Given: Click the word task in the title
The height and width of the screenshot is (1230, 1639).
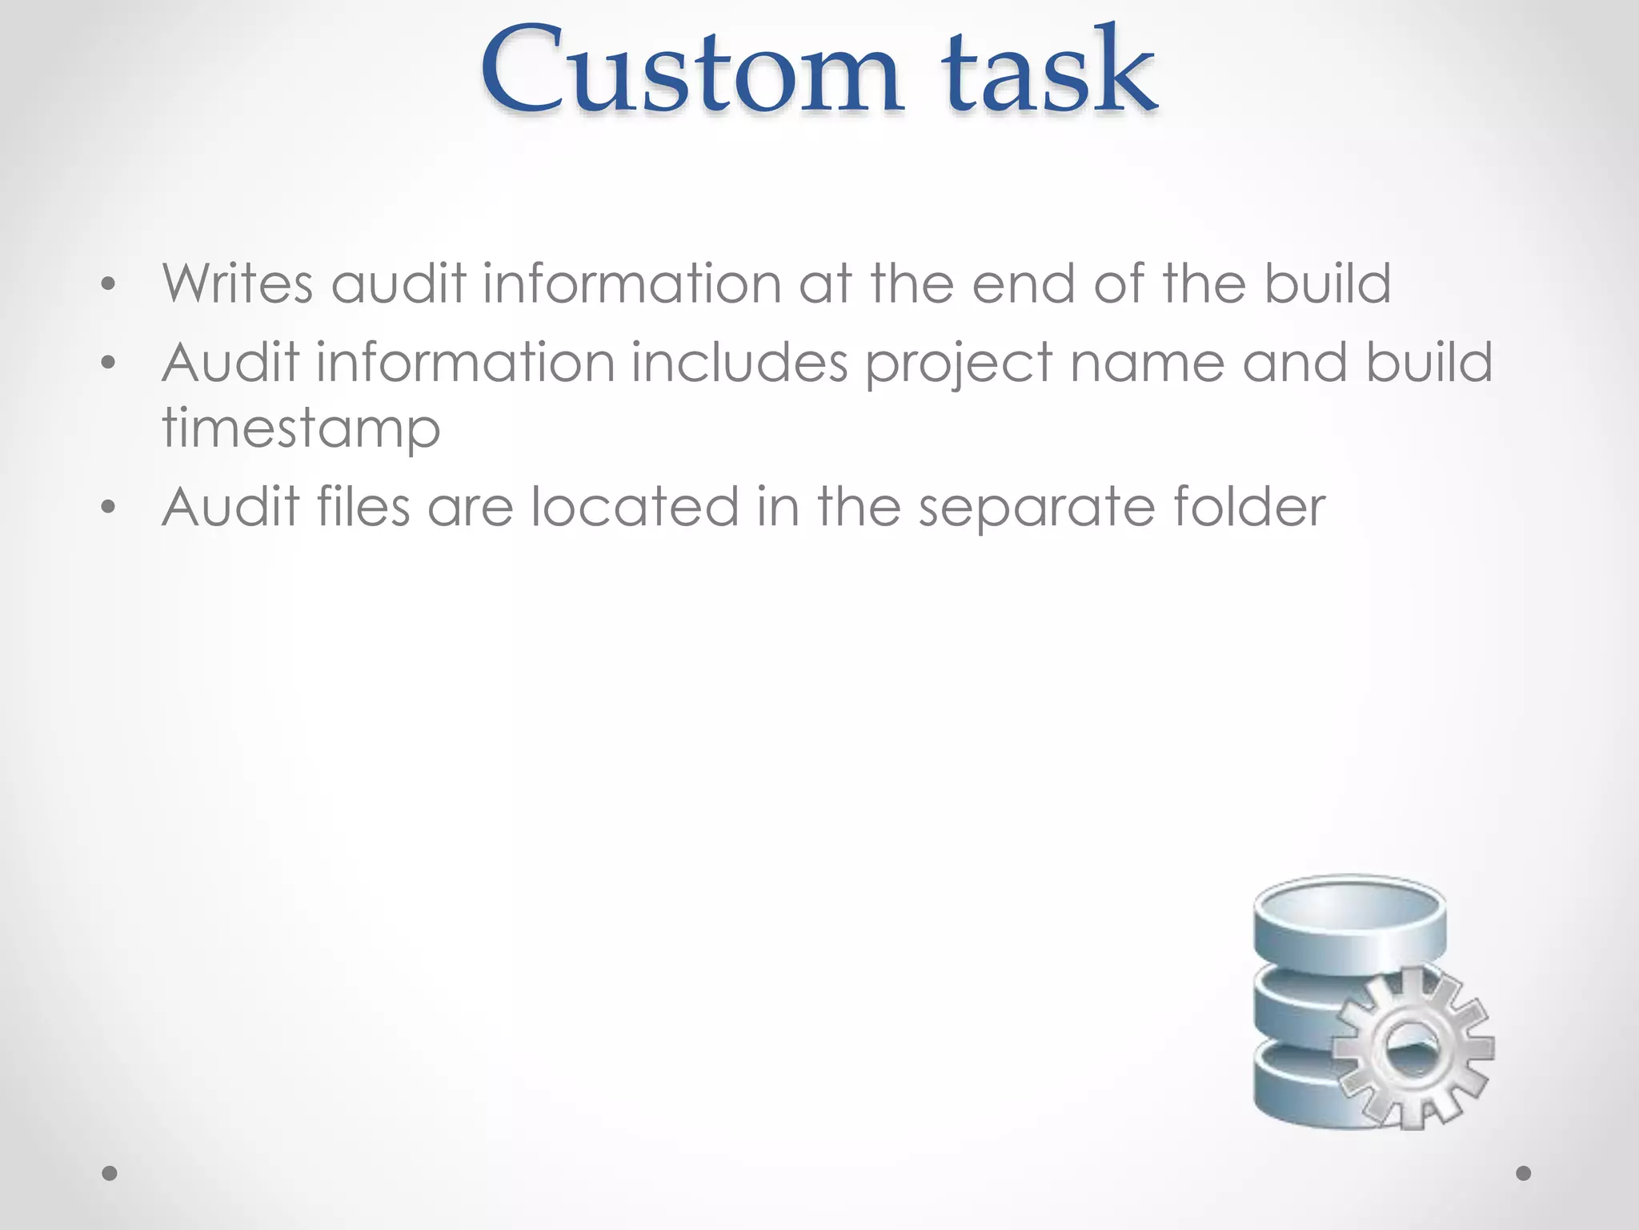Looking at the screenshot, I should click(x=1048, y=72).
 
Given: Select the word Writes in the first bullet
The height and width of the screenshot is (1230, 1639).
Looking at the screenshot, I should click(x=238, y=283).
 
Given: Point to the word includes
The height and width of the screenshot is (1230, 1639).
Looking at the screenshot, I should click(x=739, y=363).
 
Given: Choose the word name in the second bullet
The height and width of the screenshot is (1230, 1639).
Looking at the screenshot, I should click(x=1147, y=363).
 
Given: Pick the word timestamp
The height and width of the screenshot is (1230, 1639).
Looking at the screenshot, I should click(x=301, y=429).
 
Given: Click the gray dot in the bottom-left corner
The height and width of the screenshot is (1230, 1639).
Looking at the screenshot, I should click(x=110, y=1174).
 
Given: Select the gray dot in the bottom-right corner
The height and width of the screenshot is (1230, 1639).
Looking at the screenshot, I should click(x=1524, y=1174).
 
